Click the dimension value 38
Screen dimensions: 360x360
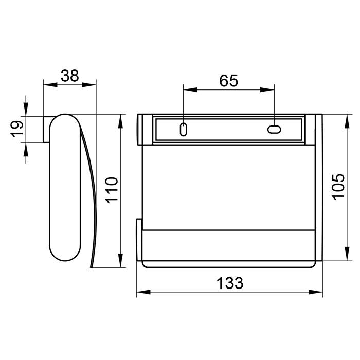click(x=70, y=76)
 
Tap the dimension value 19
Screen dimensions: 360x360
click(x=17, y=129)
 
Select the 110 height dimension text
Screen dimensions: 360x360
click(x=112, y=190)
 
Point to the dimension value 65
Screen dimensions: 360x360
click(x=229, y=81)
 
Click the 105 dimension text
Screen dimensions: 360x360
click(x=339, y=187)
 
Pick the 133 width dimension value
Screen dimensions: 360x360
click(x=230, y=283)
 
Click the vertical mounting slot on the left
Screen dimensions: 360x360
click(x=183, y=130)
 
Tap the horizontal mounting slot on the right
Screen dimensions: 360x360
click(x=274, y=130)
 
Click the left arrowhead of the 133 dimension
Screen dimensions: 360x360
click(x=143, y=292)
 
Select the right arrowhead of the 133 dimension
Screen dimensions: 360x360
click(x=315, y=292)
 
